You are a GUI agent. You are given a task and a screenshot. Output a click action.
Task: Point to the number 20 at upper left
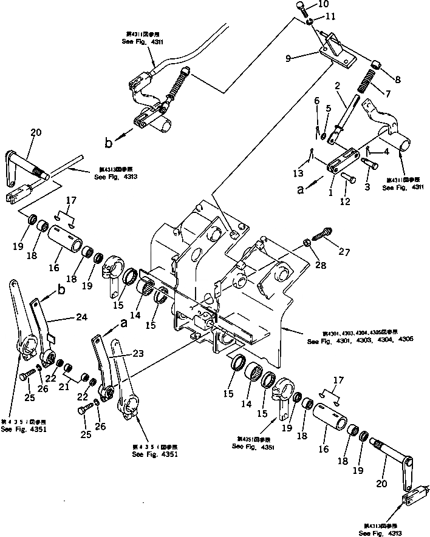(36, 133)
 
